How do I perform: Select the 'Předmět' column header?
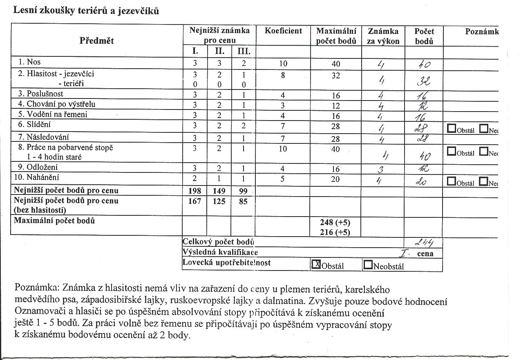coord(96,41)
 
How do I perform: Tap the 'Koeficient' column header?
coord(283,31)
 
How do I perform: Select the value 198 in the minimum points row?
coord(195,191)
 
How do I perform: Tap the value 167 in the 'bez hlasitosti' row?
coord(195,201)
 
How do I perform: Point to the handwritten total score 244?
coord(424,242)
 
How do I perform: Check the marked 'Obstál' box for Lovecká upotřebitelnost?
coord(316,265)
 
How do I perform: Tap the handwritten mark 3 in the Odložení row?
coord(382,168)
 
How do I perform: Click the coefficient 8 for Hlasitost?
coord(283,75)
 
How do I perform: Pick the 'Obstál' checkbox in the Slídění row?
coord(452,129)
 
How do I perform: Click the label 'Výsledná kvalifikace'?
coord(220,253)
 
